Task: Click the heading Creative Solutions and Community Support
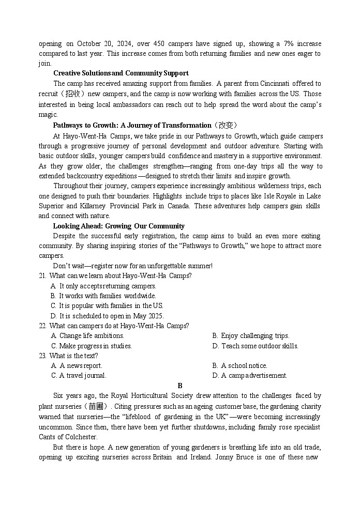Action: [x=121, y=73]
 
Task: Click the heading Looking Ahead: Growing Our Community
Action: [x=118, y=226]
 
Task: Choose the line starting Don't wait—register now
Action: [x=132, y=266]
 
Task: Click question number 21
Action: [x=42, y=276]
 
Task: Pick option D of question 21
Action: [x=107, y=316]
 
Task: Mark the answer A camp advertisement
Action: [x=249, y=376]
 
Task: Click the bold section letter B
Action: [x=180, y=386]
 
